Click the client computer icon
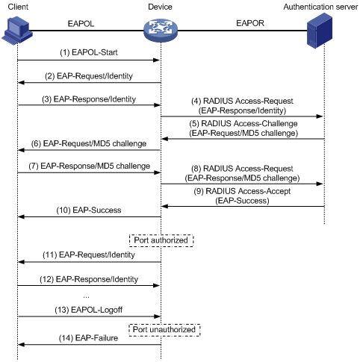click(x=17, y=31)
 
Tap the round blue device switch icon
click(x=161, y=31)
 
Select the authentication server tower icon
click(x=320, y=31)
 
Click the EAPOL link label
click(x=81, y=24)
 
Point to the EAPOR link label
click(x=250, y=23)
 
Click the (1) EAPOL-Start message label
click(x=89, y=52)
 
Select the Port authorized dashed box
click(x=161, y=240)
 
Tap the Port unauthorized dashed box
click(x=164, y=330)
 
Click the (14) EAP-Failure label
click(x=88, y=338)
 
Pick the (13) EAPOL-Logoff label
click(x=89, y=310)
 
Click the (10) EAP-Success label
click(x=89, y=210)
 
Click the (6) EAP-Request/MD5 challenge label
click(x=89, y=143)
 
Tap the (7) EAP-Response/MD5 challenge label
click(x=89, y=166)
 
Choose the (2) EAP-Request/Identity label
click(x=89, y=76)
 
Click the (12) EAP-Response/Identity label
click(x=89, y=279)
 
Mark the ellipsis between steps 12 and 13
click(x=86, y=297)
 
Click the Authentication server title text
click(x=320, y=7)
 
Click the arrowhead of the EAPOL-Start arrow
click(x=156, y=60)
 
